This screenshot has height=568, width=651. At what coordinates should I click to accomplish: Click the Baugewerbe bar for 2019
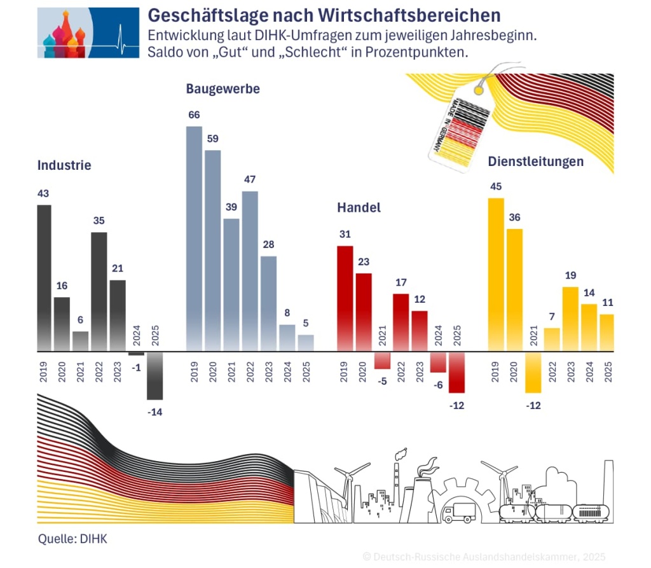(194, 239)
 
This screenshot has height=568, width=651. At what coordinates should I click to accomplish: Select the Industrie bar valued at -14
(154, 375)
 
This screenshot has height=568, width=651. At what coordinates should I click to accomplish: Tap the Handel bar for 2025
(456, 372)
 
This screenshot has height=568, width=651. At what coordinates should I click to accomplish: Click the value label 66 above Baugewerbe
(194, 115)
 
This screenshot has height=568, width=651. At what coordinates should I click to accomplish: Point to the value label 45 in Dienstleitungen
(496, 186)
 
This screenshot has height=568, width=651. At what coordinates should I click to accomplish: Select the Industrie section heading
(64, 165)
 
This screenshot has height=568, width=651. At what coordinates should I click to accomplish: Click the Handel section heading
(359, 207)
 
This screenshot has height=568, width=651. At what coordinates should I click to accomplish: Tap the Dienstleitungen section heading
(535, 162)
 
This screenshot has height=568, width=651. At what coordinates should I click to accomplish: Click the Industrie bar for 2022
(99, 291)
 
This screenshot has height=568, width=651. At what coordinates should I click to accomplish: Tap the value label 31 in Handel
(345, 234)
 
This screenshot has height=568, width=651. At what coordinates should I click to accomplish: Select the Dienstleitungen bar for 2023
(571, 319)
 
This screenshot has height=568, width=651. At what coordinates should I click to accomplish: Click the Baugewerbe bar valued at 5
(306, 343)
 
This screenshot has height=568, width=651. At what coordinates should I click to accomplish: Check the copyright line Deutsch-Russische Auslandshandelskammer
(483, 557)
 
